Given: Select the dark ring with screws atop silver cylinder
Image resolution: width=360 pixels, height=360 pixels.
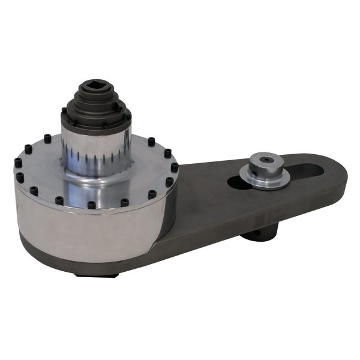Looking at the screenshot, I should pos(96,116).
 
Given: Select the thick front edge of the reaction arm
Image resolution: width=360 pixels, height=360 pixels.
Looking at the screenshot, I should pos(240,222).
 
